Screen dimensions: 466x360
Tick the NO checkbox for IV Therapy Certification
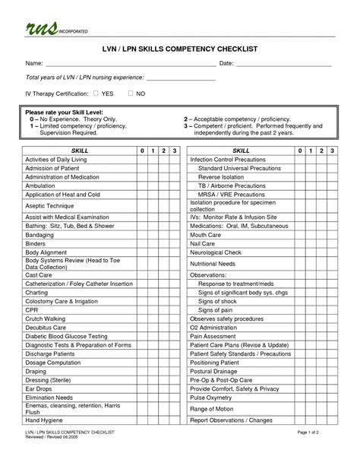coord(131,93)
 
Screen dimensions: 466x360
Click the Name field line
coord(129,65)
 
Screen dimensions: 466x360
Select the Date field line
coord(285,65)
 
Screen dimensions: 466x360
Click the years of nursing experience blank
coord(181,79)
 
